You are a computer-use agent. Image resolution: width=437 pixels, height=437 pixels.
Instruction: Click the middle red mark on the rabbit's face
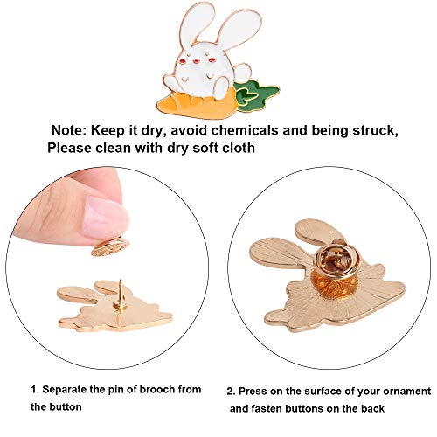[x=197, y=61]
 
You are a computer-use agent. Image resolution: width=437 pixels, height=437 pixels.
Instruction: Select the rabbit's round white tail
[x=242, y=73]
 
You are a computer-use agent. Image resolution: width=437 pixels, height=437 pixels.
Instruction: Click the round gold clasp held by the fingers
[x=110, y=246]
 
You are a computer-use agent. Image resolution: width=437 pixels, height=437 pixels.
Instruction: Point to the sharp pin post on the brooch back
[x=121, y=295]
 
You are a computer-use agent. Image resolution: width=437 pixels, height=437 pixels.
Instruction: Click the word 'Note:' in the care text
[x=69, y=130]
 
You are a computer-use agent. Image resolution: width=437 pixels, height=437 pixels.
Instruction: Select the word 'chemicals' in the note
[x=245, y=130]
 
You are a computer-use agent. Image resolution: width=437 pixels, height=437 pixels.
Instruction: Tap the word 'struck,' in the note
[x=375, y=130]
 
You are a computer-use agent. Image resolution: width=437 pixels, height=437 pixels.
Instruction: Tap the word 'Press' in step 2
[x=253, y=391]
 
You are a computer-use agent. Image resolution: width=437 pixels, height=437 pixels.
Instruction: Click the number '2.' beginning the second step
[x=231, y=392]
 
